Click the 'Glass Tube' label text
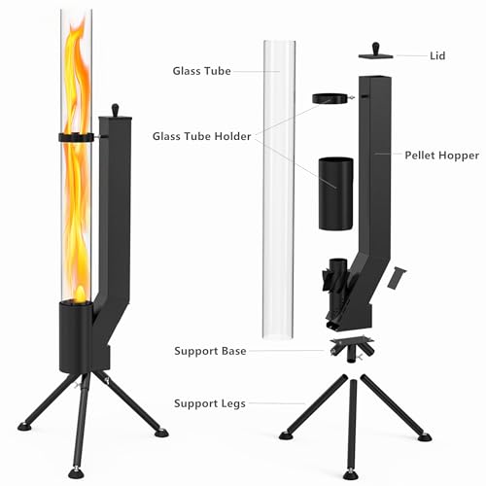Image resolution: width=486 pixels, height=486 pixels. [x=202, y=71]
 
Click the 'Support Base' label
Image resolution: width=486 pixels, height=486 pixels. [x=210, y=350]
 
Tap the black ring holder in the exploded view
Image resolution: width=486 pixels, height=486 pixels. [x=330, y=98]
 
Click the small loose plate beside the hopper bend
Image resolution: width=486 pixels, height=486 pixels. [x=394, y=278]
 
